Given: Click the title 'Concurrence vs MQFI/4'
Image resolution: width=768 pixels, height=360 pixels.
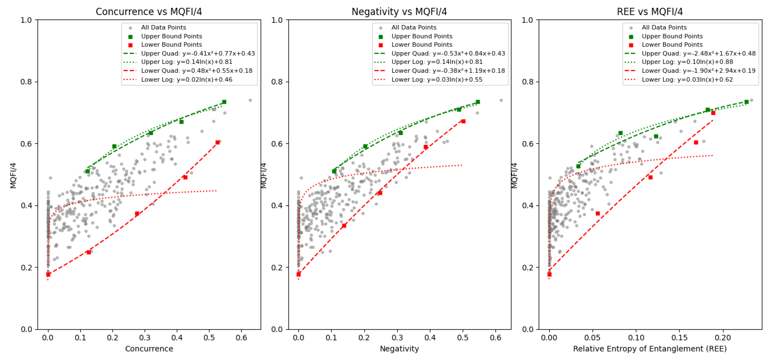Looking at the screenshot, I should click(x=149, y=12).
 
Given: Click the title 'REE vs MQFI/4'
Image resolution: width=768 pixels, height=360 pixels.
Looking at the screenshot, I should click(x=650, y=12).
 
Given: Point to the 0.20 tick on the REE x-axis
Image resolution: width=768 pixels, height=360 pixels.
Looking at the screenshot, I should click(x=723, y=338).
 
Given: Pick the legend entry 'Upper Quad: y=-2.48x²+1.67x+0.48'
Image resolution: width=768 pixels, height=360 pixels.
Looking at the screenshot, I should click(x=698, y=53).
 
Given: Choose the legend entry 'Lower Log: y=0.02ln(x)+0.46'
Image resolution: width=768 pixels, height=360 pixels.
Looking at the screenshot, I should click(x=187, y=79).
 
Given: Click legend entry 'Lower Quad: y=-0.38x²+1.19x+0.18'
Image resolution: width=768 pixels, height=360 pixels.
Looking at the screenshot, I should click(x=448, y=71).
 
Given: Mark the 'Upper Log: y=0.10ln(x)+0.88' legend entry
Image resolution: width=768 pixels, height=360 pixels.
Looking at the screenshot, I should click(x=687, y=62).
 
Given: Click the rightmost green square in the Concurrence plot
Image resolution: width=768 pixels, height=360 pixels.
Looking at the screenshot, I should click(x=224, y=102).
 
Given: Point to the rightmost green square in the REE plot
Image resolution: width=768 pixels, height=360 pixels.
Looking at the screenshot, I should click(x=746, y=102).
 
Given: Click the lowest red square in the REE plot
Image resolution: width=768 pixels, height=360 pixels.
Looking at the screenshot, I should click(x=549, y=274).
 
